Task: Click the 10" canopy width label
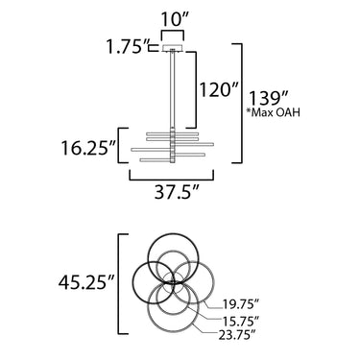tap(173, 19)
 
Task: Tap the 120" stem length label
tap(219, 89)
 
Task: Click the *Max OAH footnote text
tap(273, 112)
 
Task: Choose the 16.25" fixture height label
tap(88, 148)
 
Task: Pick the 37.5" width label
tap(177, 192)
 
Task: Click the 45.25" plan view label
tap(86, 282)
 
